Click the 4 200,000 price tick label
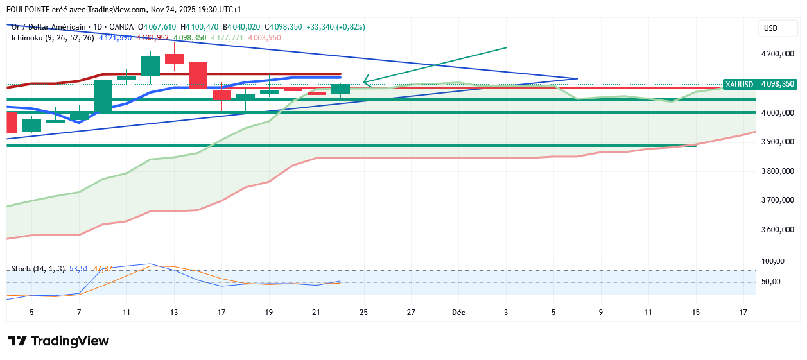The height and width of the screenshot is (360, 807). tap(777, 54)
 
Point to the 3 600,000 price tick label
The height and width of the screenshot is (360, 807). tap(777, 230)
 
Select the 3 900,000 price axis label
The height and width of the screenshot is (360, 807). tap(777, 142)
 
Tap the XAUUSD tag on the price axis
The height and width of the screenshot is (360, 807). tap(738, 84)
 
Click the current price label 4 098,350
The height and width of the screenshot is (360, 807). tap(777, 84)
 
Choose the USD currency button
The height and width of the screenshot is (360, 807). tap(770, 28)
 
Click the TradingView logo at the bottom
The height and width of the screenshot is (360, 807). tap(58, 341)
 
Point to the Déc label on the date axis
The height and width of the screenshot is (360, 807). tap(458, 313)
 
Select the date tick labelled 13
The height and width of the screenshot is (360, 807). tap(174, 313)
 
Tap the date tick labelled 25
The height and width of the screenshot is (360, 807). tap(364, 313)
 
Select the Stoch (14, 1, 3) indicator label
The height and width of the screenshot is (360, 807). tap(38, 269)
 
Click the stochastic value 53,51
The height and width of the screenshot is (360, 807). tap(78, 269)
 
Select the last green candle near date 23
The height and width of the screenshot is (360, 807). tap(340, 89)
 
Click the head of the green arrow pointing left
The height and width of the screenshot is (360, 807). tap(365, 81)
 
